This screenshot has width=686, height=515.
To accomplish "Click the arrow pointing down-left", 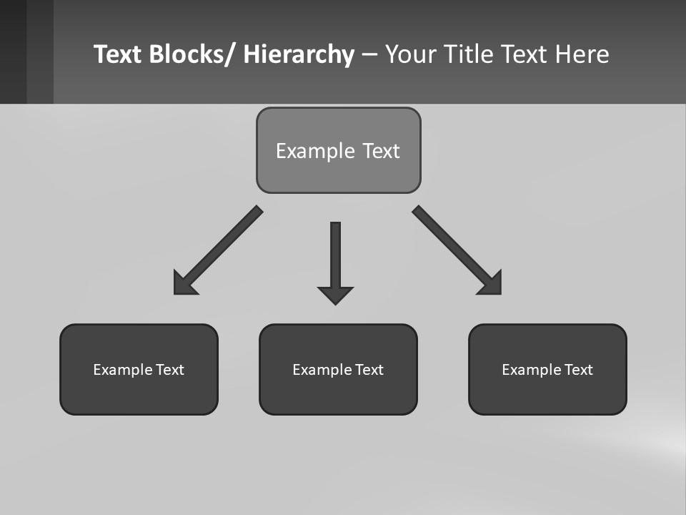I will [218, 250].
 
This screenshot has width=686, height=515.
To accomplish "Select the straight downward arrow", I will [335, 257].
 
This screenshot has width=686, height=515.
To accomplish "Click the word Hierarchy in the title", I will [299, 54].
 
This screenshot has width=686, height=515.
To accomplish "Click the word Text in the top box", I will [381, 151].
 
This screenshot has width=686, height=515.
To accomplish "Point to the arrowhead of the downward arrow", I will [335, 295].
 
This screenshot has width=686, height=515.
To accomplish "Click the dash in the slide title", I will [369, 54].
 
